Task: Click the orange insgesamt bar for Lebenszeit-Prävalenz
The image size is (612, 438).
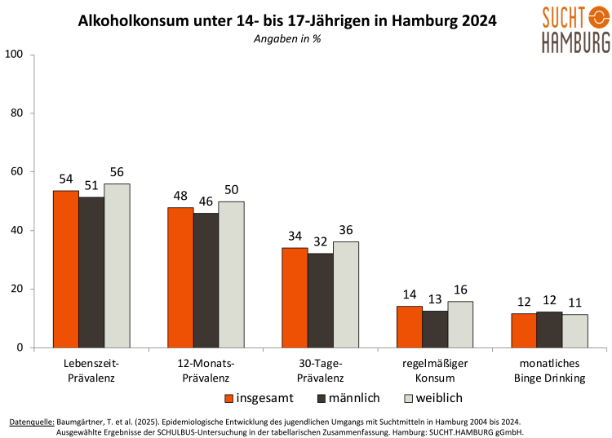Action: (66, 269)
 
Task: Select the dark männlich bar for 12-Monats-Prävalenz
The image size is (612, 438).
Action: (206, 281)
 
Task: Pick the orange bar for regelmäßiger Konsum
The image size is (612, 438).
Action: (410, 327)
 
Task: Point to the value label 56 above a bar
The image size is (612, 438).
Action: (118, 172)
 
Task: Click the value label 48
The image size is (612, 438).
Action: (180, 197)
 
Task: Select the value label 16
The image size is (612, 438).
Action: (461, 290)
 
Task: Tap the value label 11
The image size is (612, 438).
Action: (574, 303)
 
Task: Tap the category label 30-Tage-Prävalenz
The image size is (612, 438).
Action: (321, 370)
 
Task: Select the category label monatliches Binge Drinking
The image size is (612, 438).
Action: (549, 370)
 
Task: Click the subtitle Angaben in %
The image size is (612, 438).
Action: (287, 38)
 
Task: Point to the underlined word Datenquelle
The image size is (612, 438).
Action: (32, 422)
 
